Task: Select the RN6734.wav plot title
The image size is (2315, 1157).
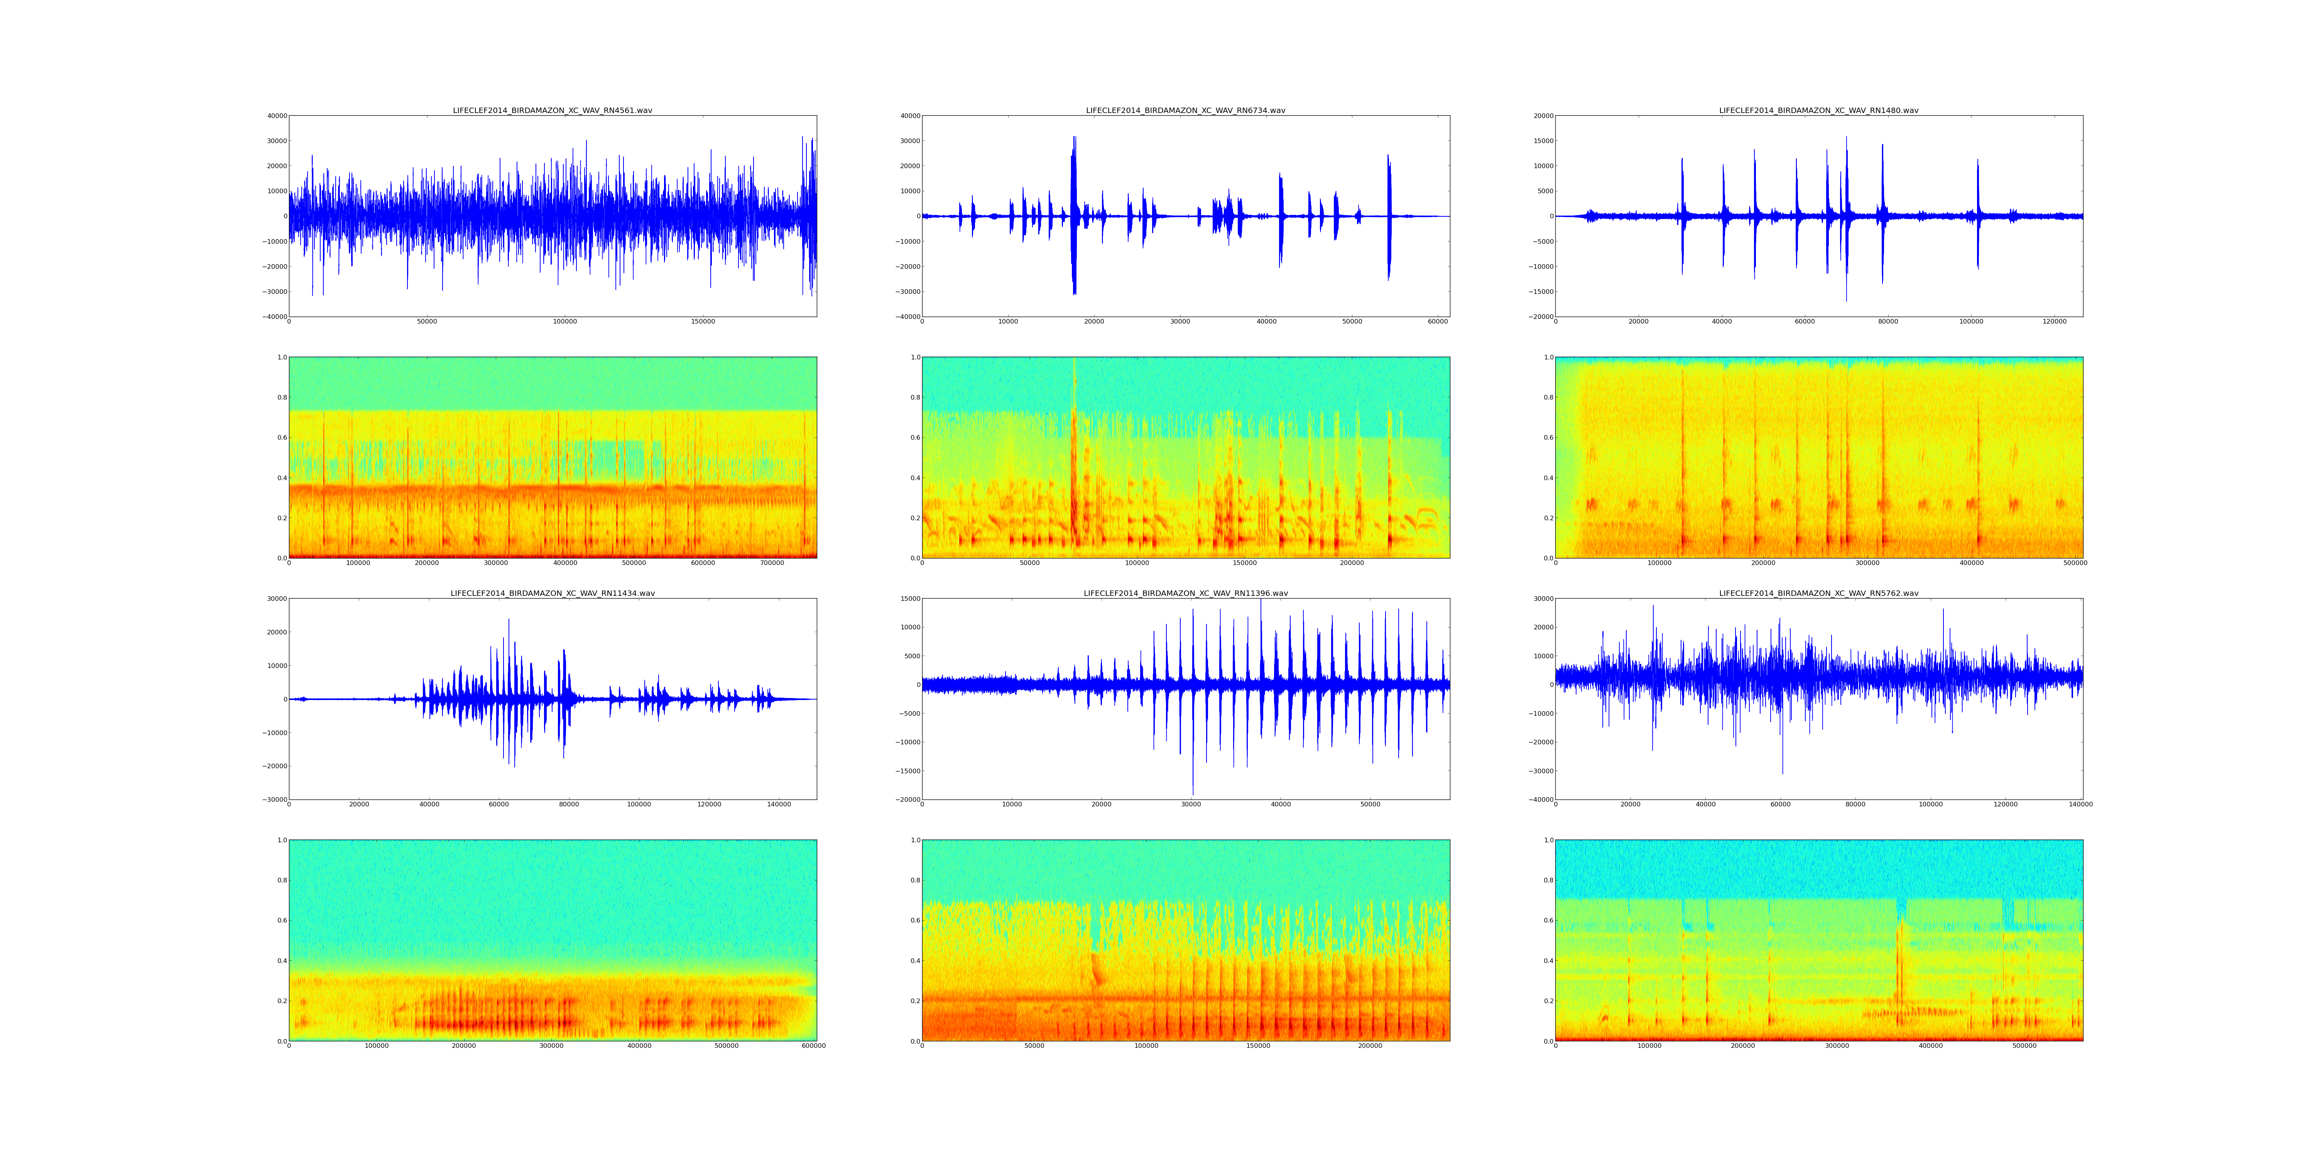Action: [x=1185, y=110]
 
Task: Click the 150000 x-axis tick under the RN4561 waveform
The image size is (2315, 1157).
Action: [x=703, y=322]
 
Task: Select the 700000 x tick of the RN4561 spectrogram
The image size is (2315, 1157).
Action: [x=772, y=563]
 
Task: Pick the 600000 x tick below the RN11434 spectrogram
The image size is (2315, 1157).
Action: [x=813, y=1046]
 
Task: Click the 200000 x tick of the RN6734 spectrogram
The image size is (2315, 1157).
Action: [x=1352, y=563]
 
